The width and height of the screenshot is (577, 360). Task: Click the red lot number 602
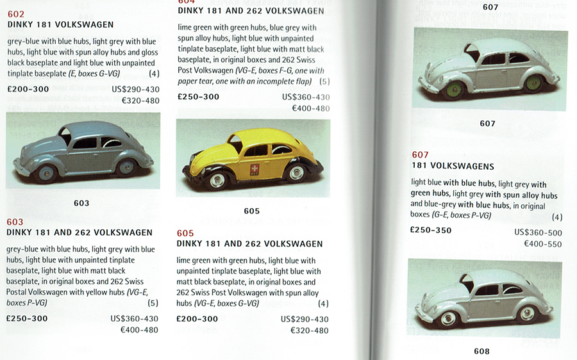16,14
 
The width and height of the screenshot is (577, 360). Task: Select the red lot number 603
15,222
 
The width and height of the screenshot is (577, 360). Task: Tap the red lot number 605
185,233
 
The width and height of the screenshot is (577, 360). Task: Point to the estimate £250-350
431,231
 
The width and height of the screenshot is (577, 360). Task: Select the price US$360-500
538,233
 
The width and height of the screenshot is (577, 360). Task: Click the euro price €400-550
542,244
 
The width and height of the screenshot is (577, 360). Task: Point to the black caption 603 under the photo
81,203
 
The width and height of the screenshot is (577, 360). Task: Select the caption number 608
481,351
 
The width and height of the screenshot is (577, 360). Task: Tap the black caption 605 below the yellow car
251,211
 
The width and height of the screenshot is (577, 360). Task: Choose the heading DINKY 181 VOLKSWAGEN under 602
60,25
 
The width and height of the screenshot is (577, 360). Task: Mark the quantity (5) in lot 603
153,303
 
